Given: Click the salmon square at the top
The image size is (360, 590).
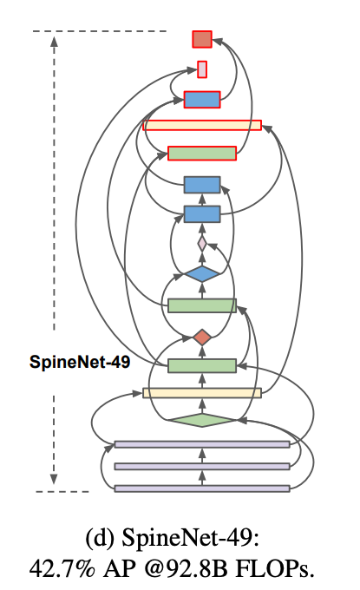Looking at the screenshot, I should tap(202, 39).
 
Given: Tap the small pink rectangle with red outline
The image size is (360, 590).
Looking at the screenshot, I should tap(202, 69).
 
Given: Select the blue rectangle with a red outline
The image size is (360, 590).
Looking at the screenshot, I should tap(202, 99).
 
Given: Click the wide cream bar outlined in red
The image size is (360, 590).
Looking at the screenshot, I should tap(202, 126).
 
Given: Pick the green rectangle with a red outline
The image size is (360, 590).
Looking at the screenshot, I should tap(202, 153).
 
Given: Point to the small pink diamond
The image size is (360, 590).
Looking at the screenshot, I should tap(202, 244).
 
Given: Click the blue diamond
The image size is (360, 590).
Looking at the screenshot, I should tap(202, 274).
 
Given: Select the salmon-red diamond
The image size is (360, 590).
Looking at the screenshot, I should tap(202, 337).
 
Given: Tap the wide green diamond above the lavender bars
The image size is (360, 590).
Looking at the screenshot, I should tap(202, 420).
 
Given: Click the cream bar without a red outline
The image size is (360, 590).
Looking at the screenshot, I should tap(202, 393).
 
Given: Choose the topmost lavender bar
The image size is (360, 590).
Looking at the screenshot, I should tap(202, 444).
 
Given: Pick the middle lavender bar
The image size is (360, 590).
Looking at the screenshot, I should tap(202, 466).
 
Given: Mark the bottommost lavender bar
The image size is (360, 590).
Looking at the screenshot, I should tap(202, 488).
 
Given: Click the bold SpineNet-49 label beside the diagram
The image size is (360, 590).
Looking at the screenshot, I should tap(80, 363).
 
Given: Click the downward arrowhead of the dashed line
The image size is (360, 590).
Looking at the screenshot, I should tap(55, 476).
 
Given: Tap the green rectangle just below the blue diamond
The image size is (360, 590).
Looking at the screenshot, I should tap(202, 305).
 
